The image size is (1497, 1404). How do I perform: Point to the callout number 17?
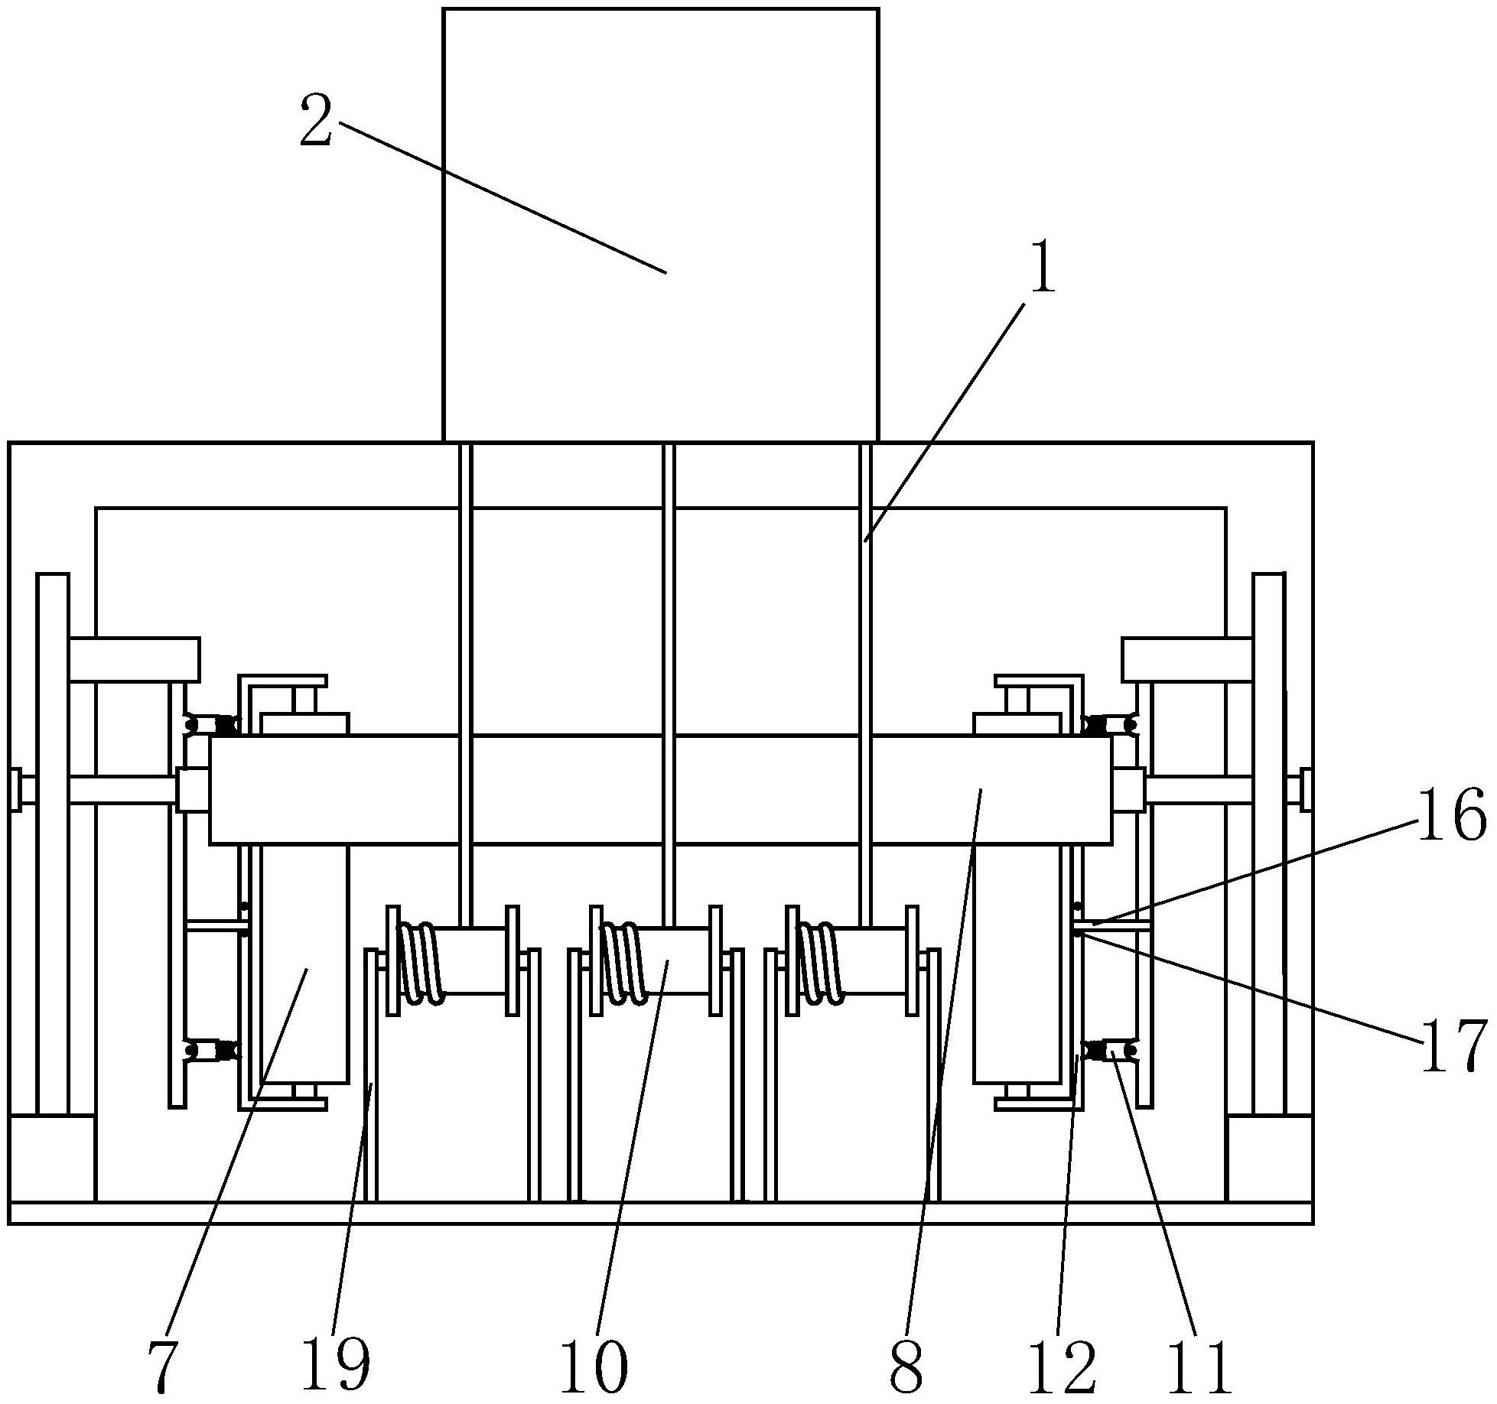click(1453, 1045)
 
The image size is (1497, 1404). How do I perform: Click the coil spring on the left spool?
click(419, 962)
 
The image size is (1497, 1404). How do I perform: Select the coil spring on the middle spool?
click(622, 962)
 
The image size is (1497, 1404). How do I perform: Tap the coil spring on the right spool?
click(820, 962)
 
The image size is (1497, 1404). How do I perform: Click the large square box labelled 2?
click(661, 225)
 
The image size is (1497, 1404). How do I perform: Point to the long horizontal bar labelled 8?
click(660, 790)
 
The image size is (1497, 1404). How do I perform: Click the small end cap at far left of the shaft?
click(15, 790)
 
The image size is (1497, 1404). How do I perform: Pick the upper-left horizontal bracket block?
click(134, 659)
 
